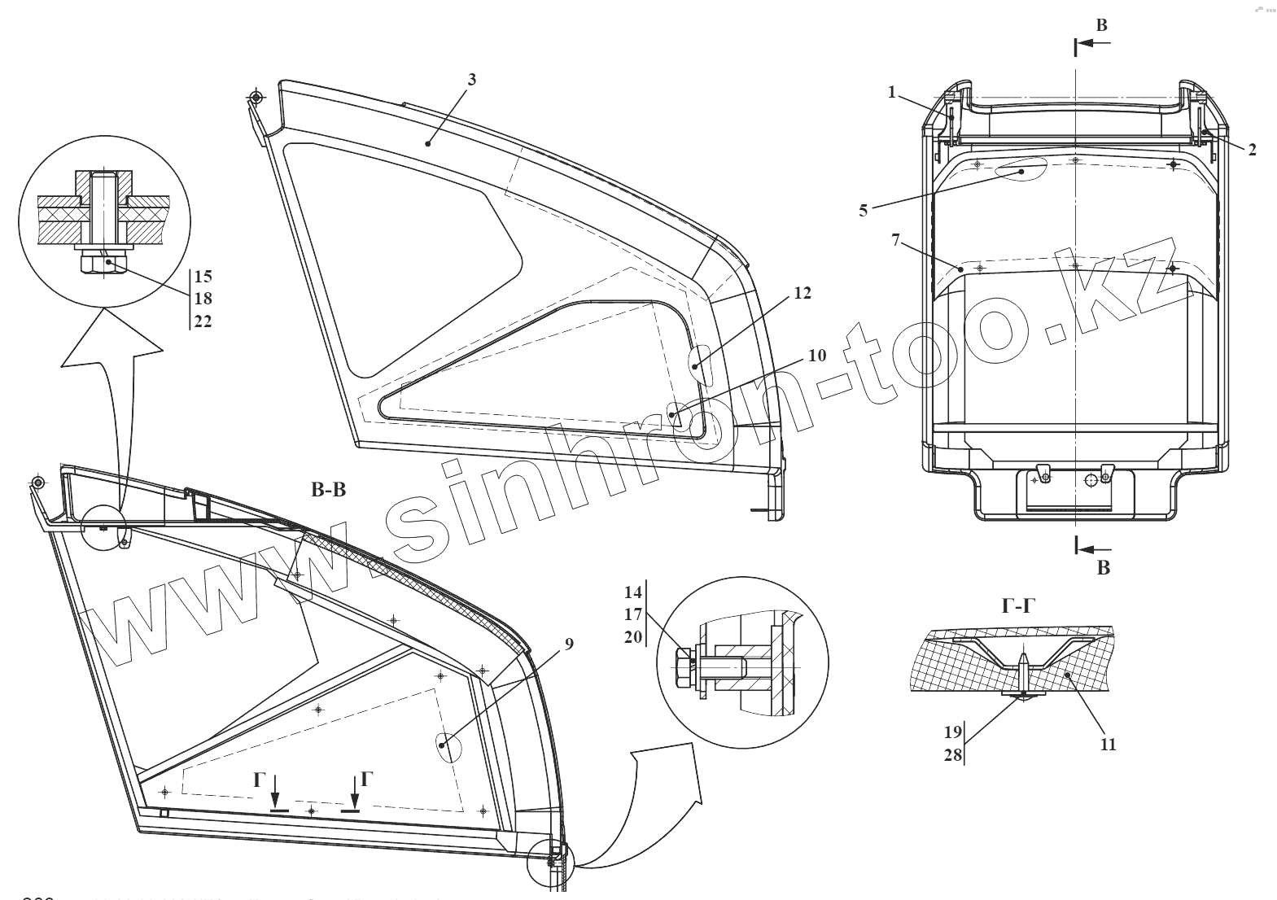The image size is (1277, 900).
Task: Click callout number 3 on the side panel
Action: (x=471, y=80)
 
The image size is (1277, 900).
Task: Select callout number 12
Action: (x=802, y=294)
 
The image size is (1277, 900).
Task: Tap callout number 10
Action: (x=817, y=356)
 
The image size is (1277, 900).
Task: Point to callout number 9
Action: (x=569, y=644)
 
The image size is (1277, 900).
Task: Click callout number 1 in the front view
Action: (x=892, y=93)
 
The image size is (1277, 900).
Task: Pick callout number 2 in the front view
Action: (x=1252, y=150)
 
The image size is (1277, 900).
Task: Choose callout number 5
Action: (x=864, y=211)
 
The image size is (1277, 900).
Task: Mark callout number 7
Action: (x=895, y=240)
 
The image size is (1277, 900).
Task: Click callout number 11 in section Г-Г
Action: (x=1108, y=744)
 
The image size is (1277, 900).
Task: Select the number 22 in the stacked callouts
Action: (x=203, y=321)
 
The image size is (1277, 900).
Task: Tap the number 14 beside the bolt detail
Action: (x=634, y=592)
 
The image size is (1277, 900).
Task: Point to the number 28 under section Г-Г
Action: (x=953, y=755)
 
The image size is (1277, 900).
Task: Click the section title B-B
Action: (x=329, y=492)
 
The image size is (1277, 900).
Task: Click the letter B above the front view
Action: (x=1101, y=26)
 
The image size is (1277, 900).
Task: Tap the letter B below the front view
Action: (x=1104, y=568)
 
